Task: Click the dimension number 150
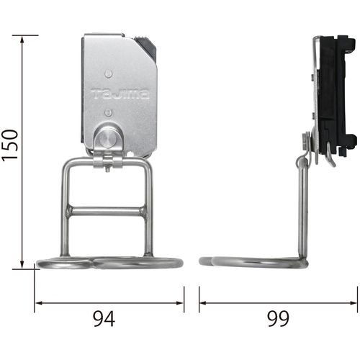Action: click(x=10, y=145)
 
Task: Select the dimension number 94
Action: click(x=104, y=318)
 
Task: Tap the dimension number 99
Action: click(x=278, y=318)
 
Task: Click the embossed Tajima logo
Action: click(x=120, y=94)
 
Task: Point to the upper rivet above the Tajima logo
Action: click(x=108, y=74)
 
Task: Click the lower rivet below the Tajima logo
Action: click(x=109, y=112)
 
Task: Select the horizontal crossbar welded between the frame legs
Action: click(x=107, y=212)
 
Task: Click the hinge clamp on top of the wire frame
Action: click(x=107, y=161)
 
